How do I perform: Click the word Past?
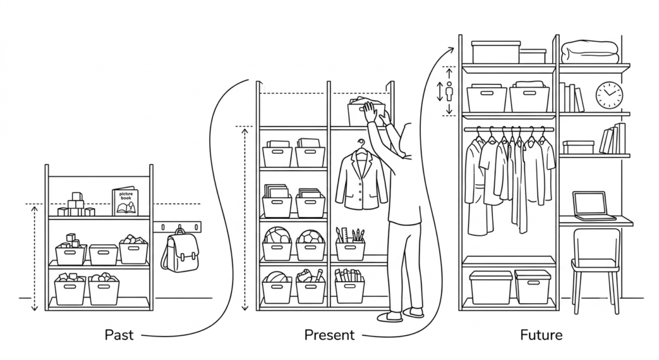coord(119,335)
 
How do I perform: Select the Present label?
coord(329,335)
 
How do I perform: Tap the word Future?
coord(541,335)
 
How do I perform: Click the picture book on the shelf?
coord(125,202)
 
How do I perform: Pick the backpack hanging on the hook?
coord(180,251)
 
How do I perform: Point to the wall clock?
coord(609,95)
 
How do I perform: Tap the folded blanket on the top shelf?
coord(590,53)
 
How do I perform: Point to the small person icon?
coord(449,91)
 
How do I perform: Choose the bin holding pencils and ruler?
coord(350,244)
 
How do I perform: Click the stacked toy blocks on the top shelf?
coord(76,205)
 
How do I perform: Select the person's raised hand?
coord(371,112)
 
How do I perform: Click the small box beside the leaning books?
coord(579,147)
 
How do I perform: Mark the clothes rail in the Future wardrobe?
coord(509,129)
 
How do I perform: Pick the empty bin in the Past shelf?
coord(104,254)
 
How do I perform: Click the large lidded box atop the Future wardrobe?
coord(496,52)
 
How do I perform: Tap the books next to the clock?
coord(571,98)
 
